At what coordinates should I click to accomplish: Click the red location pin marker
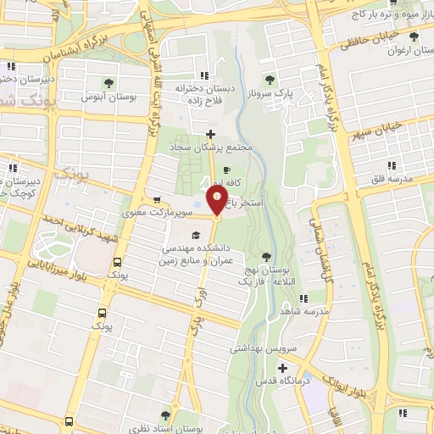point(217,202)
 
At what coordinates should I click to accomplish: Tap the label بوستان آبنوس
point(108,98)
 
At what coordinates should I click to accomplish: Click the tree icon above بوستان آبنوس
point(108,83)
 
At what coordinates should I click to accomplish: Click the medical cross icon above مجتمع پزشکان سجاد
point(210,134)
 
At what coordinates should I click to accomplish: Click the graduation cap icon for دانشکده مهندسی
point(196,235)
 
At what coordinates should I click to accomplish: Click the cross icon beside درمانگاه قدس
point(283,369)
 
